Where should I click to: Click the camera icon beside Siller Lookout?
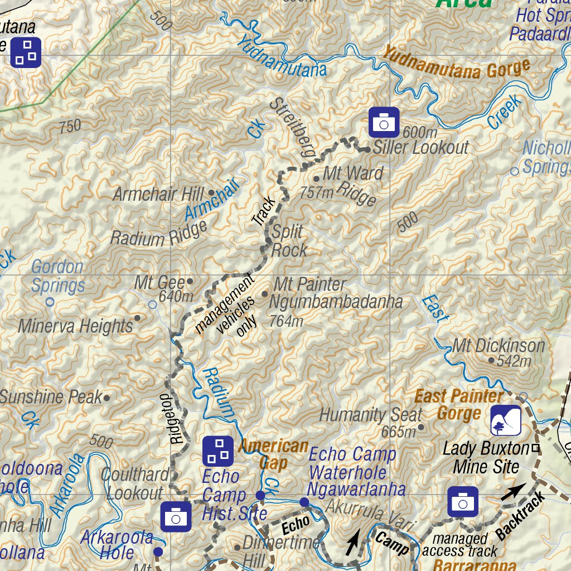(384, 122)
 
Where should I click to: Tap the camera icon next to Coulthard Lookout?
(176, 516)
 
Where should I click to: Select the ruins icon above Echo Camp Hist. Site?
(217, 451)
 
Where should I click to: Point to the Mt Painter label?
(310, 284)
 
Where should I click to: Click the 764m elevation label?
(286, 321)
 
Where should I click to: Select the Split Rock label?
(288, 241)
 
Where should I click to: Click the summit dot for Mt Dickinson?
(491, 360)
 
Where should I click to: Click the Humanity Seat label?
(370, 415)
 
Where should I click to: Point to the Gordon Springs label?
(57, 277)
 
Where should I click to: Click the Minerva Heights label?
(75, 326)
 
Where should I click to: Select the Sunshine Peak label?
(51, 397)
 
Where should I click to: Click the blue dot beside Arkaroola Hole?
(158, 551)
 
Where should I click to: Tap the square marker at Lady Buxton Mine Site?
(536, 448)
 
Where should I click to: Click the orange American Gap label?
(273, 454)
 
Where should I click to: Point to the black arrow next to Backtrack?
(512, 491)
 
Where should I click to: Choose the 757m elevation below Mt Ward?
(317, 193)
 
